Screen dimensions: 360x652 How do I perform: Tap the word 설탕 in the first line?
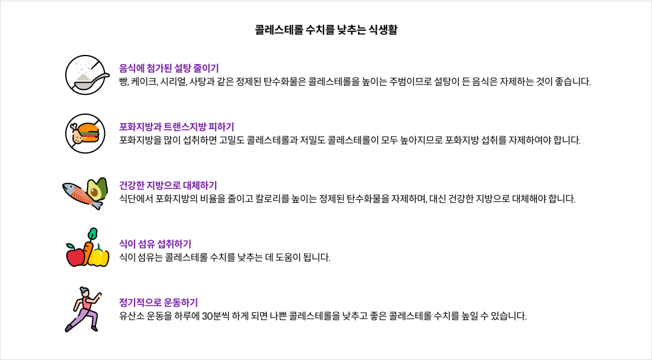(x=182, y=69)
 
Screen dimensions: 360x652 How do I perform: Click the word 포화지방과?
(x=139, y=127)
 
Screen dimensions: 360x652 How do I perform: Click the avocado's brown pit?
(x=95, y=193)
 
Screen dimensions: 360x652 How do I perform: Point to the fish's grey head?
(x=69, y=188)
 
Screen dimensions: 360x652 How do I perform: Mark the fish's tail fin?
(x=97, y=205)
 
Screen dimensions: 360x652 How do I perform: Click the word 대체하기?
(x=200, y=186)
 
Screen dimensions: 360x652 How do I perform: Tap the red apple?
(x=75, y=256)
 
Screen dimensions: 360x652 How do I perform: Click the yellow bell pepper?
(x=99, y=256)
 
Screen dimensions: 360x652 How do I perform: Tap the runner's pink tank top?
(x=87, y=304)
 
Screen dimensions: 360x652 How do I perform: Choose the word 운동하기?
(x=181, y=303)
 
